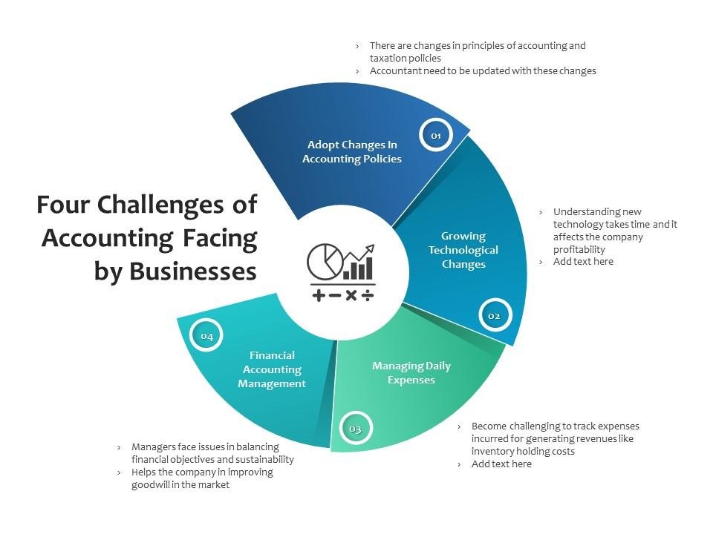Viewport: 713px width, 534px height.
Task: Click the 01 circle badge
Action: [436, 135]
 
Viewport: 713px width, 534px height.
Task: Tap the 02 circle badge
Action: [494, 315]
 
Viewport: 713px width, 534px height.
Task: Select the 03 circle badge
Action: [355, 429]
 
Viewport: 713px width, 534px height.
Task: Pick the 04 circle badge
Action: [206, 336]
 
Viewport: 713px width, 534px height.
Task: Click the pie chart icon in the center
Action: [325, 261]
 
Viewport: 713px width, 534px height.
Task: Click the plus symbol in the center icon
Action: [319, 295]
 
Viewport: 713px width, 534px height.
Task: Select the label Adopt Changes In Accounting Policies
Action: [352, 151]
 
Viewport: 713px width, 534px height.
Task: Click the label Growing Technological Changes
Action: [463, 250]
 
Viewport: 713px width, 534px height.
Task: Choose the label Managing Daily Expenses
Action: [411, 372]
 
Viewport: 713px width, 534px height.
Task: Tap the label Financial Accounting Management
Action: [272, 369]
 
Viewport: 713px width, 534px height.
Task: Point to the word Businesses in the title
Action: [193, 271]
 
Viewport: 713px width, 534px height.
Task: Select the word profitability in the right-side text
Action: [579, 249]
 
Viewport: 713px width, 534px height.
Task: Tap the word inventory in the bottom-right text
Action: [492, 451]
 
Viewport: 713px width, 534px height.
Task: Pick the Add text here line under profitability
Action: [583, 262]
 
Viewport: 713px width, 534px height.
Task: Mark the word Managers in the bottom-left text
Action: [154, 446]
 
